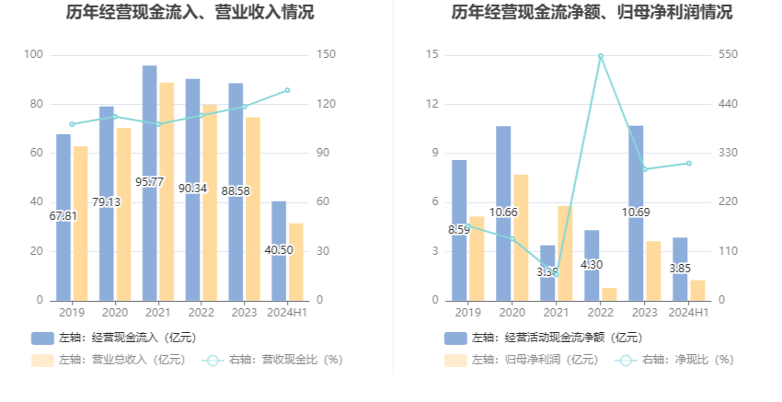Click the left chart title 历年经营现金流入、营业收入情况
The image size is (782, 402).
pos(190,13)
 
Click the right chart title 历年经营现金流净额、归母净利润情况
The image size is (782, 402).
pos(592,13)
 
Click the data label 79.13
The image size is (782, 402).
pos(106,202)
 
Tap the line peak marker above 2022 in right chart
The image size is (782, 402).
pos(600,56)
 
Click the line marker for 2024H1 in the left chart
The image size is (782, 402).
pos(287,90)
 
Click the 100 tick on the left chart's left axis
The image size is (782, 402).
pos(33,55)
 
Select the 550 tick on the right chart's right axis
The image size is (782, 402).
pos(729,55)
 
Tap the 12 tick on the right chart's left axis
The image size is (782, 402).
pos(432,104)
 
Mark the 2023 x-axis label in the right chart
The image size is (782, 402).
pos(644,313)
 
